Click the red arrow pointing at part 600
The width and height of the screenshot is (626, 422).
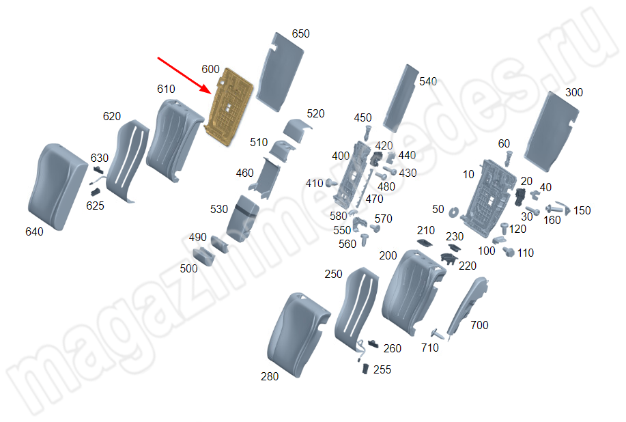pyautogui.click(x=184, y=76)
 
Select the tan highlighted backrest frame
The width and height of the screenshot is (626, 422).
pyautogui.click(x=229, y=107)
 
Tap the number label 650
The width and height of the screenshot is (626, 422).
pyautogui.click(x=300, y=34)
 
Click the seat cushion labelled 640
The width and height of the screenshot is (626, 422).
pyautogui.click(x=57, y=186)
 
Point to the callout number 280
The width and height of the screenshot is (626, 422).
pyautogui.click(x=270, y=376)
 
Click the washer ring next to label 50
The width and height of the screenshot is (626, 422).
pyautogui.click(x=453, y=212)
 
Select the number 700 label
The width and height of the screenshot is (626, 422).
pyautogui.click(x=479, y=326)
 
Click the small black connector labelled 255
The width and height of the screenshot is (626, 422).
pyautogui.click(x=365, y=369)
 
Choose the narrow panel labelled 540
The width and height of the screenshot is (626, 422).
pyautogui.click(x=401, y=98)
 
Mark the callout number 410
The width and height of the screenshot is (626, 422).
pyautogui.click(x=314, y=183)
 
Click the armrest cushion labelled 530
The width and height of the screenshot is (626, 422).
pyautogui.click(x=243, y=219)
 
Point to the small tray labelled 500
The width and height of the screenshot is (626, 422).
pyautogui.click(x=203, y=256)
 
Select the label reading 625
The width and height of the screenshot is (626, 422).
pyautogui.click(x=95, y=206)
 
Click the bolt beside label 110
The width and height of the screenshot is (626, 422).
pyautogui.click(x=509, y=252)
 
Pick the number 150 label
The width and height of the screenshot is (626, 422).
pyautogui.click(x=582, y=210)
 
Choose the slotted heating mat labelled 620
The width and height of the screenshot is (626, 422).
pyautogui.click(x=128, y=160)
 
